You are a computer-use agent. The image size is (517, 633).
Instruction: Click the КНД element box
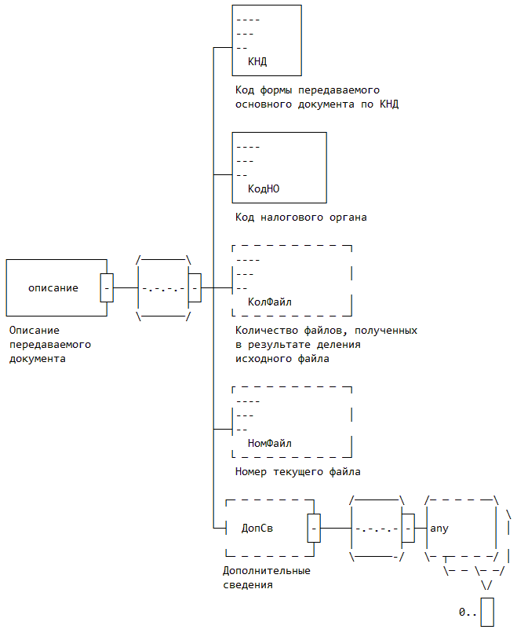tap(267, 39)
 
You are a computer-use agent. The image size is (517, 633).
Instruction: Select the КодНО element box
tap(279, 167)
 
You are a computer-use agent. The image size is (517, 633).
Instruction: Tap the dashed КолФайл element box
tap(292, 280)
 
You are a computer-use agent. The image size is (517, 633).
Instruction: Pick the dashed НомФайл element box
tap(292, 422)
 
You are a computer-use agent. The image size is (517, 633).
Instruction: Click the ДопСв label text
tap(257, 529)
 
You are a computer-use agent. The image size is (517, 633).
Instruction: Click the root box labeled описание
tap(53, 287)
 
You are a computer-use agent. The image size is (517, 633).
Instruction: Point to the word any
tap(439, 529)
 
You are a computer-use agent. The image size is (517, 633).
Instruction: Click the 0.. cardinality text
tap(468, 612)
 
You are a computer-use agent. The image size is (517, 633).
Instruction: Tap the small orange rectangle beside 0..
tap(487, 612)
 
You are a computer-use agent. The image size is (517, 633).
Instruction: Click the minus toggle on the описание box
tap(107, 287)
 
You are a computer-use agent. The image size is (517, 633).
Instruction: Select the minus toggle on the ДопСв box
tap(314, 529)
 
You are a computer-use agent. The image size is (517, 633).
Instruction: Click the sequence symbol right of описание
tap(164, 287)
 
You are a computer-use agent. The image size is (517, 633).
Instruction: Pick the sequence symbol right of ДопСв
tap(377, 529)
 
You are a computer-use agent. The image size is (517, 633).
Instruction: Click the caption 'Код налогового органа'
tap(300, 217)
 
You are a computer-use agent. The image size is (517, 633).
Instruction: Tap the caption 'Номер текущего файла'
tap(297, 472)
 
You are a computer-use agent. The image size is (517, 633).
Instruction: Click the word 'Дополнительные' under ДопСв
tap(266, 571)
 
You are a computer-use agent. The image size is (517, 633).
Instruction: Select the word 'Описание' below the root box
tap(35, 331)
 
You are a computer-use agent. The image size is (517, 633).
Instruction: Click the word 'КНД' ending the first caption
tap(389, 104)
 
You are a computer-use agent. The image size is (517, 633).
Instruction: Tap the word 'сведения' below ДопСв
tap(247, 585)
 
